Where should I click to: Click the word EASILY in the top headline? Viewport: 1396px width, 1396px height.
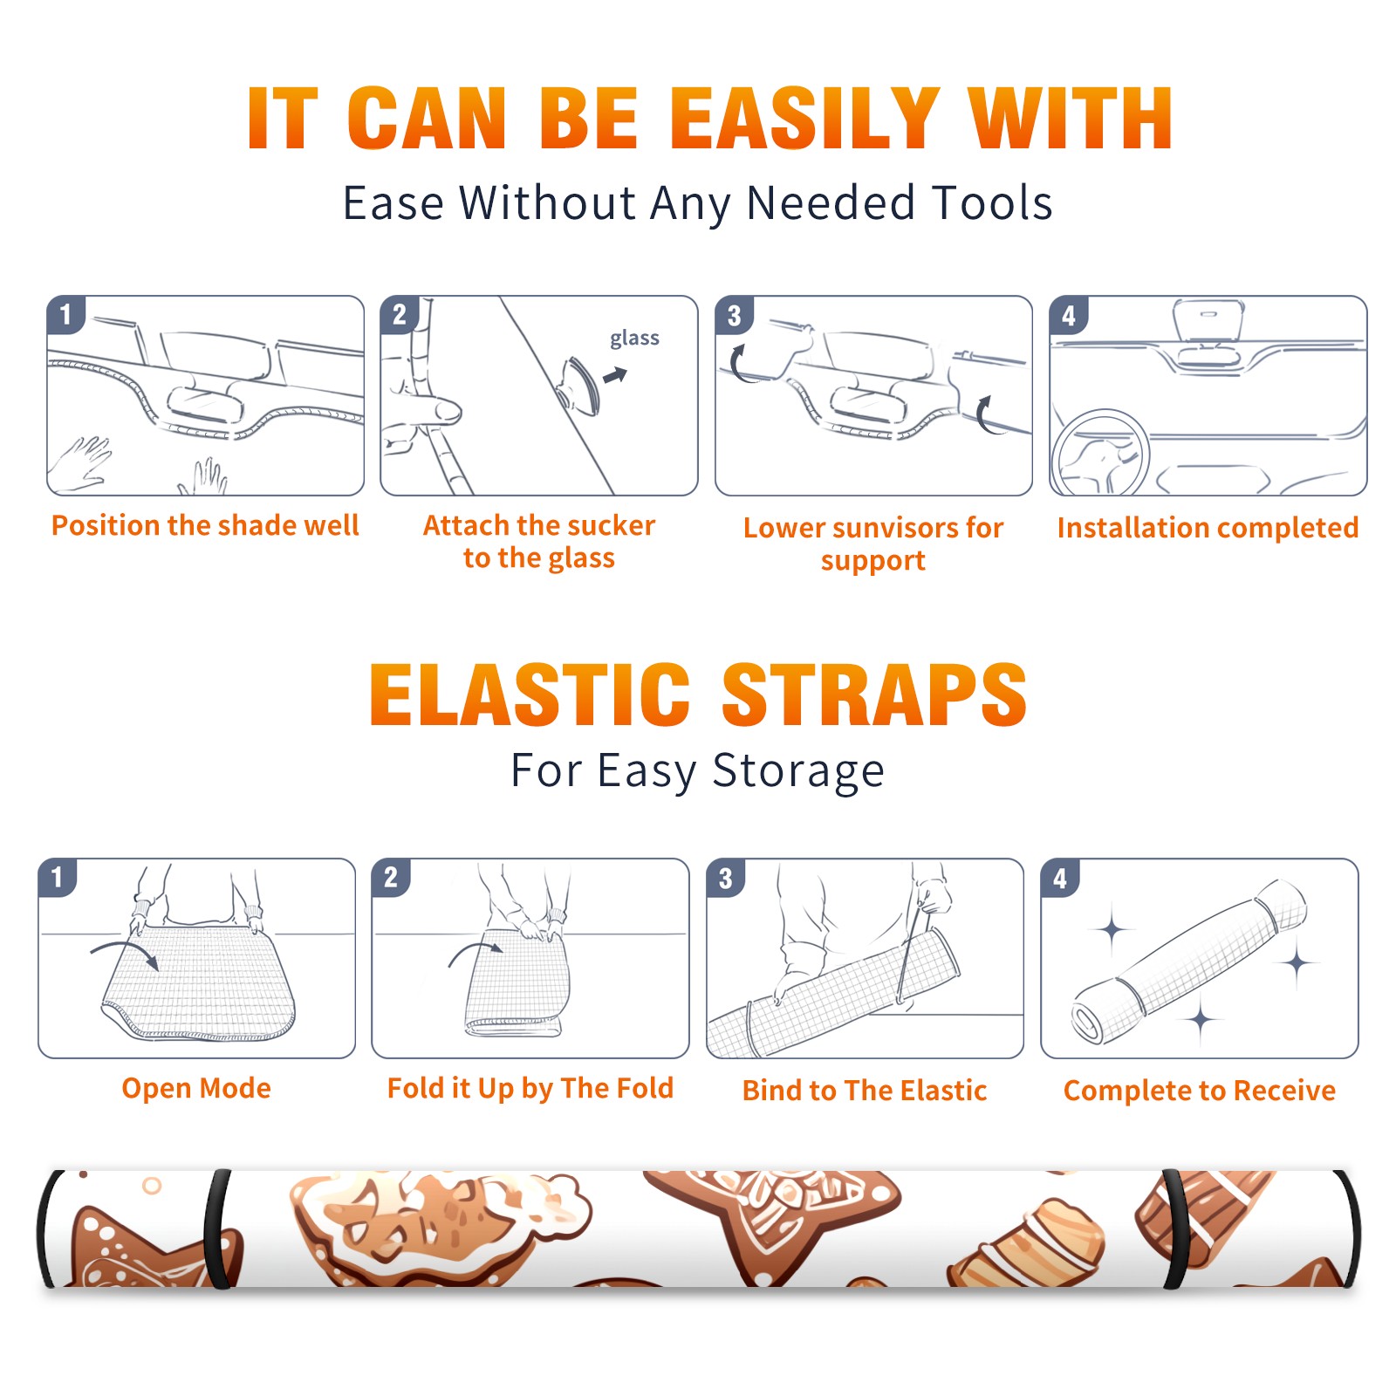[x=804, y=119]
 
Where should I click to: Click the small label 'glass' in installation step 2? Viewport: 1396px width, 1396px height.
[x=634, y=339]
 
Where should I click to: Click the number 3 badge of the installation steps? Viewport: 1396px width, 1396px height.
[x=734, y=315]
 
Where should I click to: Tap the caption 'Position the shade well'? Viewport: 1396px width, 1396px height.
[x=205, y=525]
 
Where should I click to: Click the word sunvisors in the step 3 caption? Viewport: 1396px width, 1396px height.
[x=895, y=528]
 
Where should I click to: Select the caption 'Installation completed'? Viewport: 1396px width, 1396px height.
[x=1208, y=528]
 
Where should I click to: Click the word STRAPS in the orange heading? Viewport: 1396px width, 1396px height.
[x=874, y=695]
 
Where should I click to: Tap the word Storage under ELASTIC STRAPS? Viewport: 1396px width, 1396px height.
[x=798, y=771]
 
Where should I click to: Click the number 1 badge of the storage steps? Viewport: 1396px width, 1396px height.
[x=58, y=877]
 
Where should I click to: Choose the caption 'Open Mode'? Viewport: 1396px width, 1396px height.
[x=196, y=1088]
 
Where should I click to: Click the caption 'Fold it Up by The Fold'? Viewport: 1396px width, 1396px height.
[x=530, y=1088]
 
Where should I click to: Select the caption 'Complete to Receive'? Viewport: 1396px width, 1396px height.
[x=1200, y=1091]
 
